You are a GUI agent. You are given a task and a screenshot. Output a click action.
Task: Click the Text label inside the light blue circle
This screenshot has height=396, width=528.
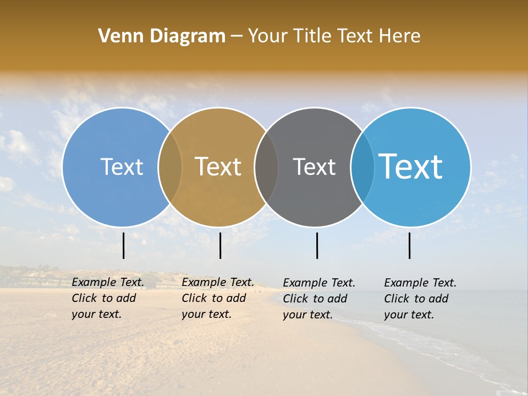[x=122, y=167]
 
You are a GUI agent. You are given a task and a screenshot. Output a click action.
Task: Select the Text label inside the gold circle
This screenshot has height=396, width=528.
[x=218, y=167]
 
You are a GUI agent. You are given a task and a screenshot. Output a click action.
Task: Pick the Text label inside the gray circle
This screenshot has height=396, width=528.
[x=314, y=167]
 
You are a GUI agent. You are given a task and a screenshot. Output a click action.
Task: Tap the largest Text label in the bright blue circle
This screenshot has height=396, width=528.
[x=411, y=166]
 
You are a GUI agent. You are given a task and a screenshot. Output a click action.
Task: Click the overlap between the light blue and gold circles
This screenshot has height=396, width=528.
[x=170, y=167]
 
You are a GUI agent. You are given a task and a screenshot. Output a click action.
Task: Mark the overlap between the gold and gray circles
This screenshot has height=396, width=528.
[x=266, y=167]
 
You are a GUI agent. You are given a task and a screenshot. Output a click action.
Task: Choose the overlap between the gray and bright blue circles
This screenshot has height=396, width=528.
[x=362, y=167]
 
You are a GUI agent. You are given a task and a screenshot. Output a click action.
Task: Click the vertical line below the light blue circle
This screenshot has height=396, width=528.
[x=124, y=245]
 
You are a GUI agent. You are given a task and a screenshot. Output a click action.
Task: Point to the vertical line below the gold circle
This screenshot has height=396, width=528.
[x=220, y=245]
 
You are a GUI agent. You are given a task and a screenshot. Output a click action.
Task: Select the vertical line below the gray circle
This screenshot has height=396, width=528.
[x=317, y=245]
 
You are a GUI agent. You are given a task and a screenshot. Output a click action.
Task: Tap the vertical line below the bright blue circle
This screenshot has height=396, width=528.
[x=410, y=245]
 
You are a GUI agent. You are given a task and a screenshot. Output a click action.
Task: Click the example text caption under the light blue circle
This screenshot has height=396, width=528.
[x=107, y=298]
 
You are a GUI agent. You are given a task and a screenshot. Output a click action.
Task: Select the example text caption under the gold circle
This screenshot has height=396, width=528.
[x=217, y=298]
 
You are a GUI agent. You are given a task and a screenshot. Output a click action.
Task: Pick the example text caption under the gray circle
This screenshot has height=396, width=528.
[x=318, y=299]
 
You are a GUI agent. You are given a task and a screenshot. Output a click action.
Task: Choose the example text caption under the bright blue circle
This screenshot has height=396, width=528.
[x=420, y=299]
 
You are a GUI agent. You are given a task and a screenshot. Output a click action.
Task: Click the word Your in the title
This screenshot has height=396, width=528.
[x=268, y=36]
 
